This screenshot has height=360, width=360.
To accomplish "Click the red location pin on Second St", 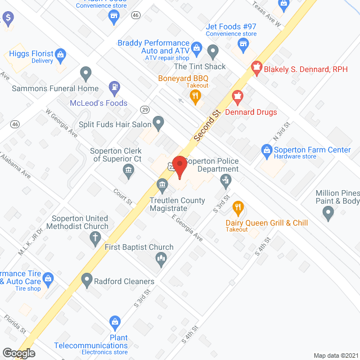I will (179, 167).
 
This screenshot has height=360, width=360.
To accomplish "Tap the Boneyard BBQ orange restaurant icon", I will (196, 97).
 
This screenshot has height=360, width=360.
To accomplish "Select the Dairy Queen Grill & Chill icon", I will (237, 208).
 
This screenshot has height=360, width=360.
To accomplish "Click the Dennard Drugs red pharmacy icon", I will (237, 98).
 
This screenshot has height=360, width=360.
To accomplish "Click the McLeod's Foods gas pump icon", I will (115, 88).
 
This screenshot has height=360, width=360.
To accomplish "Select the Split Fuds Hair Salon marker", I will (159, 122).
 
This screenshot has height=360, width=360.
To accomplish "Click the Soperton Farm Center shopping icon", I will (267, 150).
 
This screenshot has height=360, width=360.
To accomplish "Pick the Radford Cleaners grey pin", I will (87, 279).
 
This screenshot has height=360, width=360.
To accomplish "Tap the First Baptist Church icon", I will (161, 259).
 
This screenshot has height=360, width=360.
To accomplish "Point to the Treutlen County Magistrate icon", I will (162, 184).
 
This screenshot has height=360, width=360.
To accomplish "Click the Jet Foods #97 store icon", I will (243, 44).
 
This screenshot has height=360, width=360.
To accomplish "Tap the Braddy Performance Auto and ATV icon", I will (196, 47).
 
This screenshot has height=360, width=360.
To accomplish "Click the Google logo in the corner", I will (18, 353).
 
